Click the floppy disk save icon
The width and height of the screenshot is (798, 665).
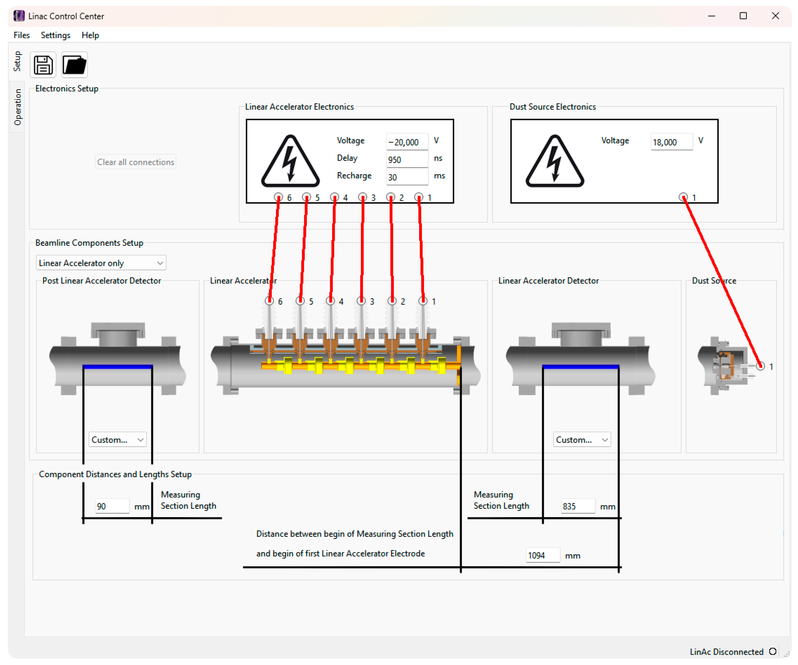(x=43, y=65)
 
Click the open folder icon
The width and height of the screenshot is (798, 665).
(x=74, y=65)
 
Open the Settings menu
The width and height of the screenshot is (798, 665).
(x=56, y=35)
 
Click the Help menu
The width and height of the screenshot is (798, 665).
(x=90, y=35)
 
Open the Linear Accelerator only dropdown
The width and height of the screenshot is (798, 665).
(x=101, y=263)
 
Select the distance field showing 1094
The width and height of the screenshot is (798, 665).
(x=543, y=555)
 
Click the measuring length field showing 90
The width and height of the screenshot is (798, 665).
(x=112, y=506)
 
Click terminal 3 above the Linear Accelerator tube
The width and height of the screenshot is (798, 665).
(x=361, y=301)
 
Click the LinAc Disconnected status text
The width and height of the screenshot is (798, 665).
(x=727, y=652)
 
